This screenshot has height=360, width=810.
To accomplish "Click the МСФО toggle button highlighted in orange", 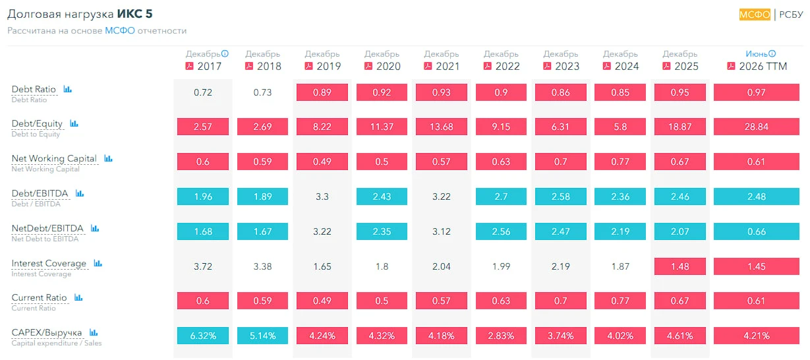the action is pyautogui.click(x=755, y=15).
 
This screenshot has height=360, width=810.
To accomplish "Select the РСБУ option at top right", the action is pyautogui.click(x=791, y=15).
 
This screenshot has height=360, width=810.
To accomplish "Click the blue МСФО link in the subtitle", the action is pyautogui.click(x=120, y=31).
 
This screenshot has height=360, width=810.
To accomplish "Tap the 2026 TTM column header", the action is pyautogui.click(x=763, y=66).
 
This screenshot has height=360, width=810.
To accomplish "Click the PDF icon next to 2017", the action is pyautogui.click(x=189, y=66).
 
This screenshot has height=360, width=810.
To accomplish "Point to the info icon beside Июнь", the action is pyautogui.click(x=772, y=53).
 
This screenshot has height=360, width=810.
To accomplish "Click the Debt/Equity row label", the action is pyautogui.click(x=37, y=124).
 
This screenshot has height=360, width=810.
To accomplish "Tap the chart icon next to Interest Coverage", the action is pyautogui.click(x=98, y=263).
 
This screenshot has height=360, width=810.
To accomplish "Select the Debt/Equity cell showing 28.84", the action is pyautogui.click(x=757, y=127).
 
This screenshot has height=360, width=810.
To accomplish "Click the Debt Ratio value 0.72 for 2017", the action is pyautogui.click(x=203, y=92).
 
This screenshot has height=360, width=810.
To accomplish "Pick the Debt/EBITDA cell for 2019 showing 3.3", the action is pyautogui.click(x=322, y=196).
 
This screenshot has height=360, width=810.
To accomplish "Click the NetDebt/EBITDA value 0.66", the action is pyautogui.click(x=757, y=231).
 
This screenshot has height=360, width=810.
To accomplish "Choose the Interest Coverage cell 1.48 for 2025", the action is pyautogui.click(x=680, y=266).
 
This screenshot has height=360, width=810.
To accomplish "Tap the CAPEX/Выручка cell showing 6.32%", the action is pyautogui.click(x=203, y=336).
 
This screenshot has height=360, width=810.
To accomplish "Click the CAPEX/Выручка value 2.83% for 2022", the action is pyautogui.click(x=501, y=336).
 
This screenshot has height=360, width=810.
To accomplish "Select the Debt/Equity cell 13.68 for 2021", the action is pyautogui.click(x=441, y=127).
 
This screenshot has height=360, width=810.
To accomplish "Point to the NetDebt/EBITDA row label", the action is pyautogui.click(x=47, y=228).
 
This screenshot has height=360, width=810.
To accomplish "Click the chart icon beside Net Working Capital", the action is pyautogui.click(x=108, y=158).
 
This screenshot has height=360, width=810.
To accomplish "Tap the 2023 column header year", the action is pyautogui.click(x=567, y=66).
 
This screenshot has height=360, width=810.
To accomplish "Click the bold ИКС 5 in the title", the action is pyautogui.click(x=134, y=14).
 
